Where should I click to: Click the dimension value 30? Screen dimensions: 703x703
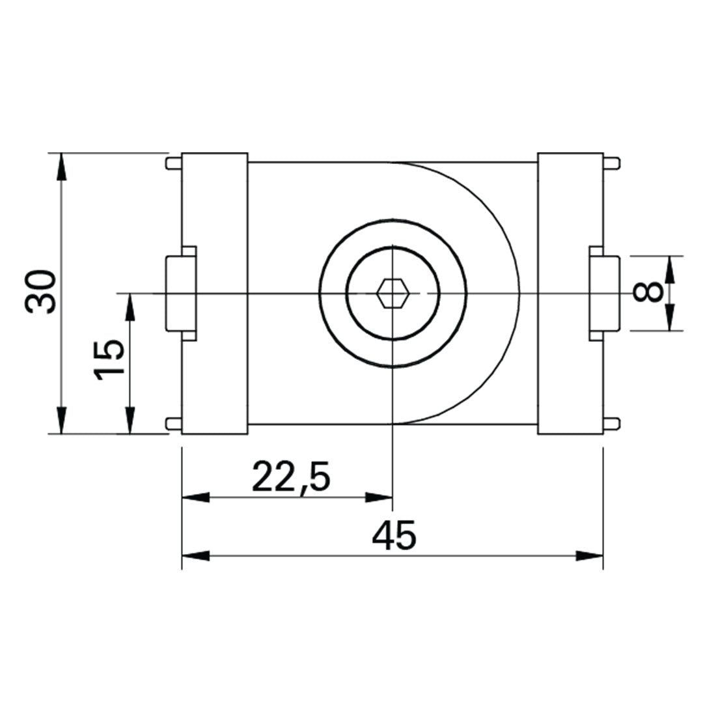(x=41, y=291)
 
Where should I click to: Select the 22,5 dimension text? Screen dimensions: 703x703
(x=291, y=478)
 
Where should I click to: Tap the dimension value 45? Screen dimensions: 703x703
(x=393, y=536)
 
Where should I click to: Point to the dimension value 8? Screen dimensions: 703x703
(x=648, y=292)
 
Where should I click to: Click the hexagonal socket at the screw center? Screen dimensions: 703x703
(x=393, y=294)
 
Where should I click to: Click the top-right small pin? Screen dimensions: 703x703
(x=611, y=163)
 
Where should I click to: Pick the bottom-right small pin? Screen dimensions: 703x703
(x=611, y=424)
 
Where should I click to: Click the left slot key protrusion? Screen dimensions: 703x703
(x=181, y=294)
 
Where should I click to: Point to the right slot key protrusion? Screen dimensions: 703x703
(x=604, y=294)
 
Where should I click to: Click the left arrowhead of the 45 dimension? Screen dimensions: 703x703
(x=195, y=556)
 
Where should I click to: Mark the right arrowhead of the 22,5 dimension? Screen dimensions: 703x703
(x=379, y=498)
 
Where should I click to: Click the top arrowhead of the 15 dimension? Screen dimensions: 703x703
(x=130, y=307)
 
